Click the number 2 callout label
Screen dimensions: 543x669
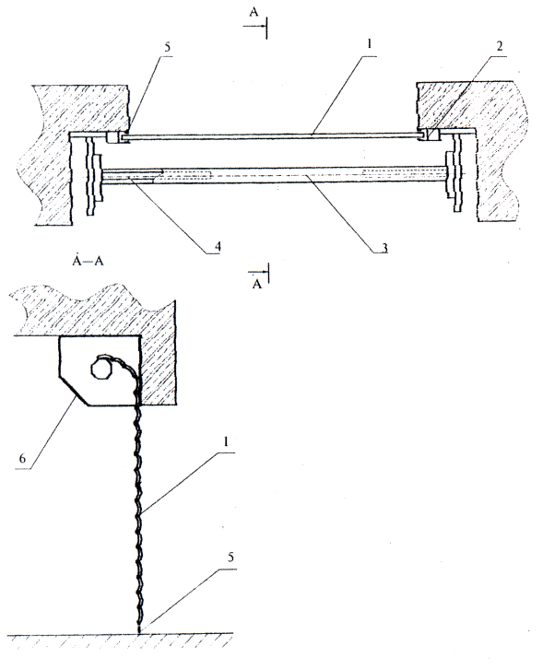pos(500,46)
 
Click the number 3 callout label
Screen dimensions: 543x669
pos(384,248)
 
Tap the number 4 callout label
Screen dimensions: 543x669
pos(218,247)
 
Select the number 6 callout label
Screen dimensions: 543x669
pos(22,459)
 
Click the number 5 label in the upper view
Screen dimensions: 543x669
pos(167,47)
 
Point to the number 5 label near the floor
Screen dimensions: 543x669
pos(231,557)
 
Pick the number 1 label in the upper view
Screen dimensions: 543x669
pos(370,43)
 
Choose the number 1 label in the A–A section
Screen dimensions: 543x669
pos(226,441)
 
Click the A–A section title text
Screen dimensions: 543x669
pos(88,260)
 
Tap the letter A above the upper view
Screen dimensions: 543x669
pos(254,12)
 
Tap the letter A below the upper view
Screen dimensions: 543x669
pos(256,284)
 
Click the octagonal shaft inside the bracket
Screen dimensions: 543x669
pos(101,367)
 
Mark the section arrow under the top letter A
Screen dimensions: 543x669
pos(255,27)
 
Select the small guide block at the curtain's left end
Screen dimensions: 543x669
pos(114,137)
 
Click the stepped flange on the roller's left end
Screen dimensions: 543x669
pos(94,176)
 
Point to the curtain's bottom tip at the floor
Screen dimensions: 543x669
pos(139,631)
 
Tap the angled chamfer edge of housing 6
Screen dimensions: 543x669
pos(74,391)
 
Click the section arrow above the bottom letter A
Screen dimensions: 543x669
pos(259,272)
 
